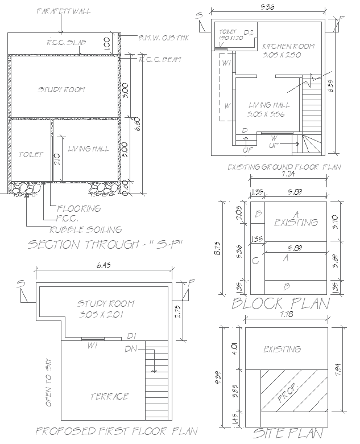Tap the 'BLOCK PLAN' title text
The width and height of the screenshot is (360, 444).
(x=280, y=303)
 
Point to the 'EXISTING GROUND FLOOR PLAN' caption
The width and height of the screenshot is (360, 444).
(x=284, y=167)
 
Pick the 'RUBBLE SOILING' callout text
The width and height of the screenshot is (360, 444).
(x=85, y=229)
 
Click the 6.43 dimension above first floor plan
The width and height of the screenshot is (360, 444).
(x=104, y=266)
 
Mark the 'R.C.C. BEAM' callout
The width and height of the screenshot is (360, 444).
(x=160, y=59)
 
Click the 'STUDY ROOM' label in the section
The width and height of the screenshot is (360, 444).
(x=61, y=89)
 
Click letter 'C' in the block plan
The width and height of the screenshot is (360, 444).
(x=255, y=261)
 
